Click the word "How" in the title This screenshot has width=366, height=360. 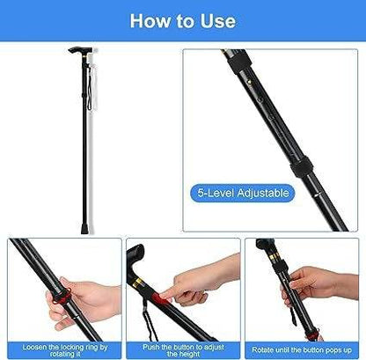coord(150,21)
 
